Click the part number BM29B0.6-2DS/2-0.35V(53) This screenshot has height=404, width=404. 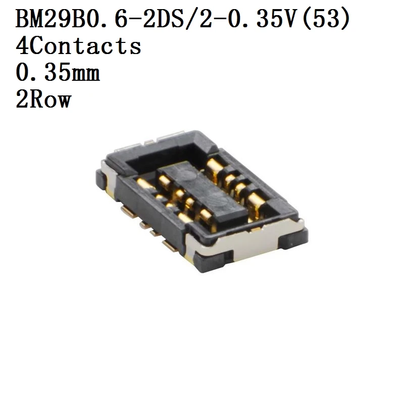point(183,19)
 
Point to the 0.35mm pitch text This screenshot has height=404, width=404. point(58,72)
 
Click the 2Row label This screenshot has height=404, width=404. point(43,99)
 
